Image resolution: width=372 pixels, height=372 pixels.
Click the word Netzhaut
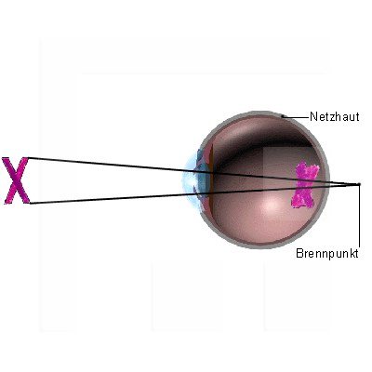click(x=335, y=117)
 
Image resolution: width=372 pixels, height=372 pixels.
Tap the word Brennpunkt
click(x=327, y=253)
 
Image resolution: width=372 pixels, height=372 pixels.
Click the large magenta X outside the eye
click(x=16, y=180)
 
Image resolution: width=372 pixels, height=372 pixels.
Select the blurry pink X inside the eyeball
click(x=305, y=185)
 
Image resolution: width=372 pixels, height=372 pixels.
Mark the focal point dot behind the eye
click(x=359, y=184)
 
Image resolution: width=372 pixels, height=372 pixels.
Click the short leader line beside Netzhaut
click(x=297, y=117)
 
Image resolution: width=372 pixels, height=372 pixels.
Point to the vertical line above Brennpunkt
click(x=360, y=216)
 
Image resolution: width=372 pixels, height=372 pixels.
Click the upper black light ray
click(x=193, y=171)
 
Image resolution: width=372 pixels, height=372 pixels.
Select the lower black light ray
click(x=194, y=194)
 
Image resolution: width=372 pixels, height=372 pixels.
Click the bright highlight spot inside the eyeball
click(x=271, y=204)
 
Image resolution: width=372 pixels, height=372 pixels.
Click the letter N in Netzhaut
click(x=313, y=117)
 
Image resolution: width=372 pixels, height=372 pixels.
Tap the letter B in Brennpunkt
click(x=299, y=253)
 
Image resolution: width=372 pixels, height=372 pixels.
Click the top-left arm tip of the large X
click(x=6, y=158)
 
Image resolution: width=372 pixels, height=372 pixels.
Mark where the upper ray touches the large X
click(x=28, y=158)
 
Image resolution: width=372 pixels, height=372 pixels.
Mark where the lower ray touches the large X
click(x=30, y=204)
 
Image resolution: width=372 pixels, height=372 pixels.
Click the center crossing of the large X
click(x=17, y=179)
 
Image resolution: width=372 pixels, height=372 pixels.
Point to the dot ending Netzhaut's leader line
click(x=283, y=116)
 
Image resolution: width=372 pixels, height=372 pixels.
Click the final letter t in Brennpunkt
click(x=357, y=253)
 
